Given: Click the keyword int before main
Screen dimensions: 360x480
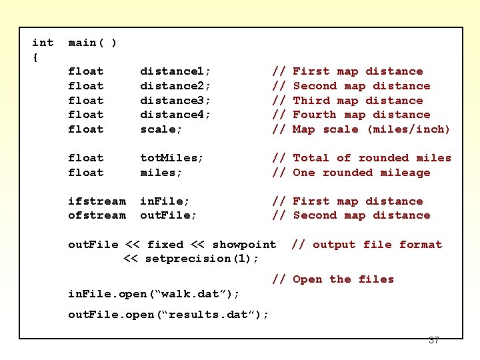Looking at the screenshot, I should [x=43, y=43].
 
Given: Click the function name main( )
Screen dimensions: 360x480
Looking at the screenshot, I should [x=93, y=43].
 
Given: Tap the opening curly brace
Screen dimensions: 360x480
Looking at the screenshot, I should [x=35, y=57].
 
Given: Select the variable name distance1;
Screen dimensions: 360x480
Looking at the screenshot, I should [x=175, y=71].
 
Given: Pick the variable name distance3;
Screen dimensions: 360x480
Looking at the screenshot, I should [x=175, y=101].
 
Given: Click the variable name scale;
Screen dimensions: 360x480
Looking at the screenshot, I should [x=161, y=129].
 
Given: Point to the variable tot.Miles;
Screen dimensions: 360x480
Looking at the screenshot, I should [x=172, y=158].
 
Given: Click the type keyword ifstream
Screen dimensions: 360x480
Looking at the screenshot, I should [x=97, y=201].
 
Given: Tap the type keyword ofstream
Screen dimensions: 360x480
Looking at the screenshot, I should [x=97, y=215].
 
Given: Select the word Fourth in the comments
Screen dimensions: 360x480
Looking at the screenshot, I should [x=315, y=115].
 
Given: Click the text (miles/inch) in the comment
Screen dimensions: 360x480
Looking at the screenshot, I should [x=409, y=129].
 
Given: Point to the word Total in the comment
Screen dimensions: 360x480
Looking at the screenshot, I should [x=311, y=158].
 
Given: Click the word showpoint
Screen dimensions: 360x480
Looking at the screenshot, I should [x=243, y=245].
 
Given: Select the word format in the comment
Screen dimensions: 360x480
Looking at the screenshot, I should [x=421, y=245].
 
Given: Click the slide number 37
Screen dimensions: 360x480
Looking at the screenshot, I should [x=434, y=341].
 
